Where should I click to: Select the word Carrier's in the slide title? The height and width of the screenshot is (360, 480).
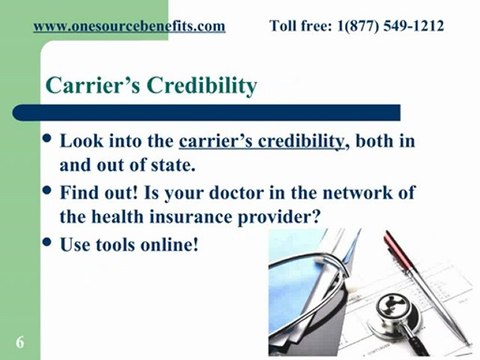(84, 85)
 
